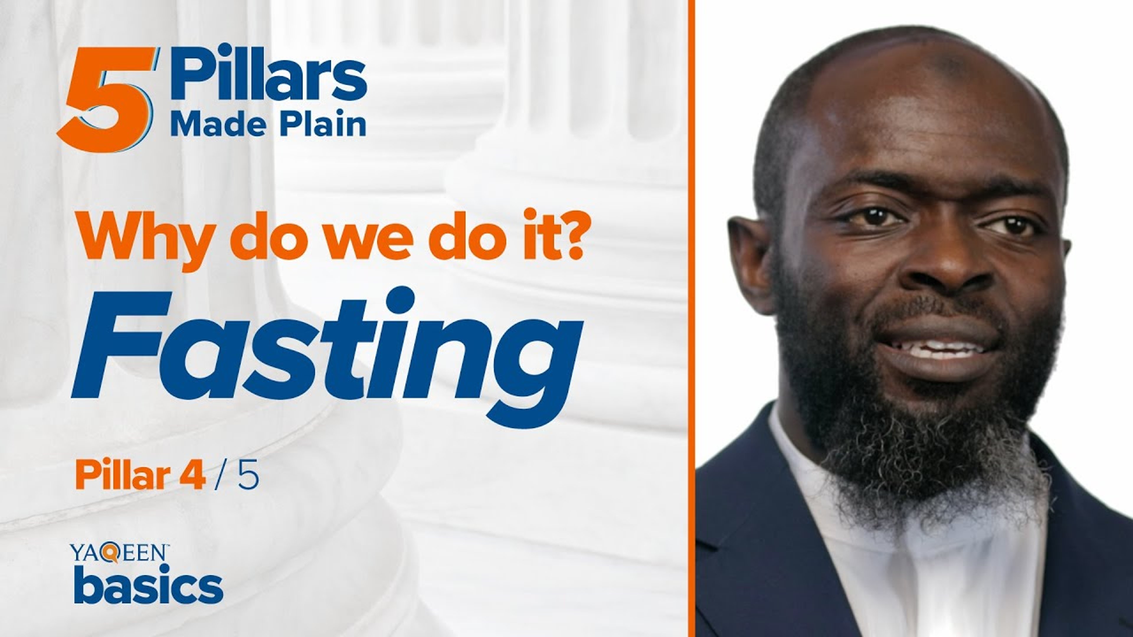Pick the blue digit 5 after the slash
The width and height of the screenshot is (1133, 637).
(248, 476)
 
